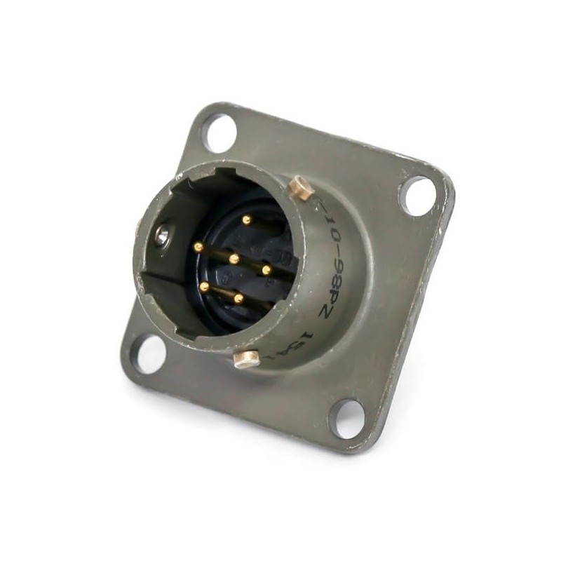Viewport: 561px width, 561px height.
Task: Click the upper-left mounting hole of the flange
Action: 218,133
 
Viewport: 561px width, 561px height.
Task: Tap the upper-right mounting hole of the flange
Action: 418,196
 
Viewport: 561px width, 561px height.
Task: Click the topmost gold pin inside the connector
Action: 245,219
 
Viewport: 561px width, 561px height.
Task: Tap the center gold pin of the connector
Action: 234,259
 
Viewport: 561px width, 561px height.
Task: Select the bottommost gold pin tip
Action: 238,299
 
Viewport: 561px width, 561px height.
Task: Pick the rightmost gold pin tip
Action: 266,269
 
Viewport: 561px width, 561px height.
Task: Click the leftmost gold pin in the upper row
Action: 198,247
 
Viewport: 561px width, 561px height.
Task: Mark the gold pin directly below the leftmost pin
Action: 203,286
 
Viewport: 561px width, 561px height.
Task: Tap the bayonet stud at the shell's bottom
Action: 245,360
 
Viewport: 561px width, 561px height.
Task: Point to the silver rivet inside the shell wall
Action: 162,237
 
